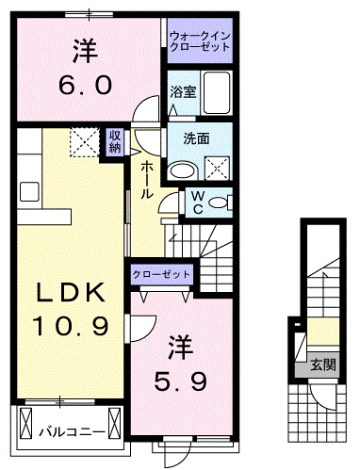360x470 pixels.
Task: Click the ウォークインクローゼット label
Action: (x=199, y=42)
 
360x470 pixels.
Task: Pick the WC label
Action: (x=200, y=202)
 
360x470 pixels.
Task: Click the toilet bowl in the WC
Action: (x=219, y=202)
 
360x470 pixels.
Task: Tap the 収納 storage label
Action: (x=114, y=140)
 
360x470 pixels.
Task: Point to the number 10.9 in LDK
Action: (x=67, y=327)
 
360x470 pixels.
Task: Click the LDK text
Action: (x=67, y=293)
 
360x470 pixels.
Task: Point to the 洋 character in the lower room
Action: (x=181, y=347)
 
